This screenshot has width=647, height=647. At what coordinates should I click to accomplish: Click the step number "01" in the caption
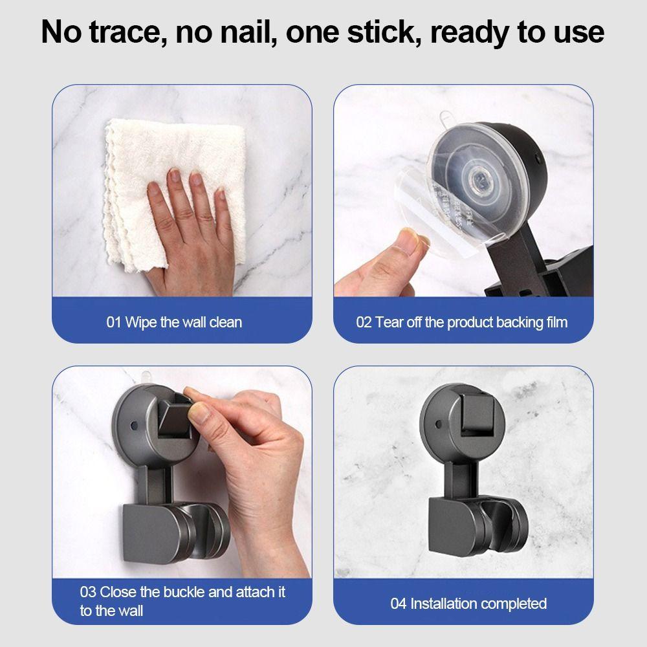(114, 322)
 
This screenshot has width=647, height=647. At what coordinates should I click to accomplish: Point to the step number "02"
(364, 322)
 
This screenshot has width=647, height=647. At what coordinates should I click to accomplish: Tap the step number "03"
(88, 591)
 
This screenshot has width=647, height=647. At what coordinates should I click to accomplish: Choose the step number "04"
(399, 604)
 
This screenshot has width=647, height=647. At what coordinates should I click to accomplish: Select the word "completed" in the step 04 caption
(514, 604)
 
